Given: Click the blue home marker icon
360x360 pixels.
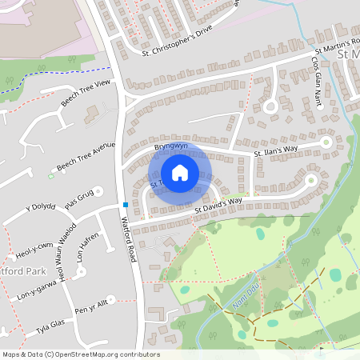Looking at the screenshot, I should [180, 173].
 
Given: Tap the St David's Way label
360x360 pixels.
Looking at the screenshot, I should [218, 206].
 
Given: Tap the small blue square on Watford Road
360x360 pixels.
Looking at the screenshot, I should [125, 204].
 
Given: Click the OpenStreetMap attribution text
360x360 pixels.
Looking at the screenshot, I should [80, 354].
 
